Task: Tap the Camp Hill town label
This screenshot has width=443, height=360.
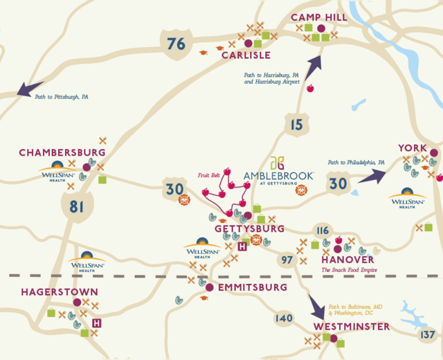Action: tap(318, 17)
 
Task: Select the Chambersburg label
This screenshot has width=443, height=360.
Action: tap(62, 152)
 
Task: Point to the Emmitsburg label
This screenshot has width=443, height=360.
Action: tap(251, 287)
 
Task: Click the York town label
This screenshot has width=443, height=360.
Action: tap(413, 147)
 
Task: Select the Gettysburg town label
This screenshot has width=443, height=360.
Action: tap(249, 228)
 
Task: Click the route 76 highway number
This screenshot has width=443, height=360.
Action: tap(177, 44)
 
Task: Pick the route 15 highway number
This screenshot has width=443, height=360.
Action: tap(296, 125)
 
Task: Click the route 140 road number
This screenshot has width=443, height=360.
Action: tap(284, 318)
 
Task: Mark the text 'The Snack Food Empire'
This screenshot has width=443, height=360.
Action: tap(348, 269)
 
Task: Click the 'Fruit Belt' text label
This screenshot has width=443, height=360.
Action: tap(208, 175)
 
